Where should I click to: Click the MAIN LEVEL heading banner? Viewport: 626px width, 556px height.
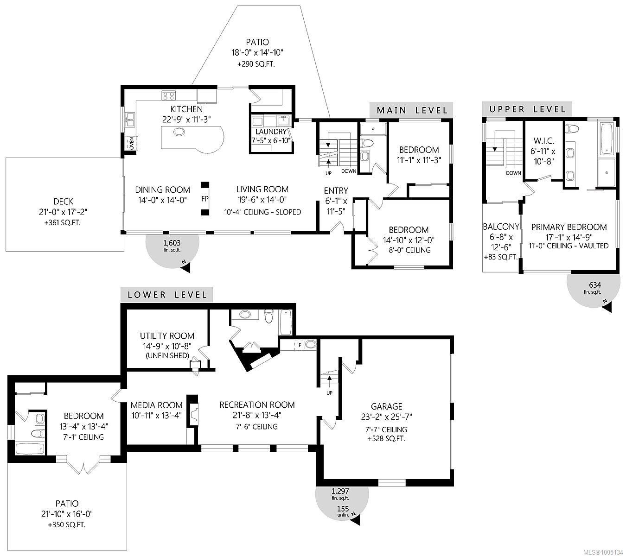click(412, 110)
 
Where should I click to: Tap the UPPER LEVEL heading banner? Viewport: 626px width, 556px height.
click(527, 109)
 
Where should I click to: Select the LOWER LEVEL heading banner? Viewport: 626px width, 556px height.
click(166, 295)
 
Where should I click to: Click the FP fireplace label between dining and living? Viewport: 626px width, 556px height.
click(204, 198)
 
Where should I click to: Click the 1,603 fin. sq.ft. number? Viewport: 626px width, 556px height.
click(172, 242)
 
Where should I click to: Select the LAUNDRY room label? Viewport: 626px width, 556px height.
click(270, 132)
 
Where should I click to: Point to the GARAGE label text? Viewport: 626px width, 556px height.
click(386, 406)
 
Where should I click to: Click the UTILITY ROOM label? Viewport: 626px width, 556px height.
click(167, 336)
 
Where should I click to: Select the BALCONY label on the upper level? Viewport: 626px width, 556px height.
click(501, 227)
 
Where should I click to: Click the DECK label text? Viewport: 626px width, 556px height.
click(63, 201)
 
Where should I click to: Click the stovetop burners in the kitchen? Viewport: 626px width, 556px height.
click(168, 96)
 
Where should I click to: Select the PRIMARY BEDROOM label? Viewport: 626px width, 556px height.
click(569, 227)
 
